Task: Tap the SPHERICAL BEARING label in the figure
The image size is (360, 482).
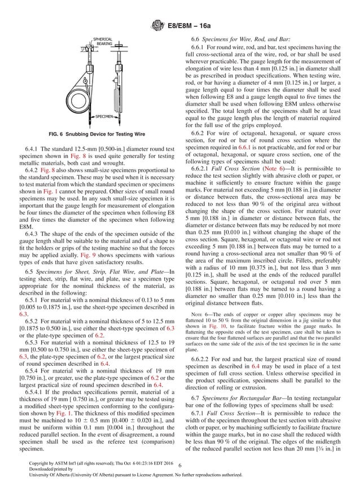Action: (x=103, y=41)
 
